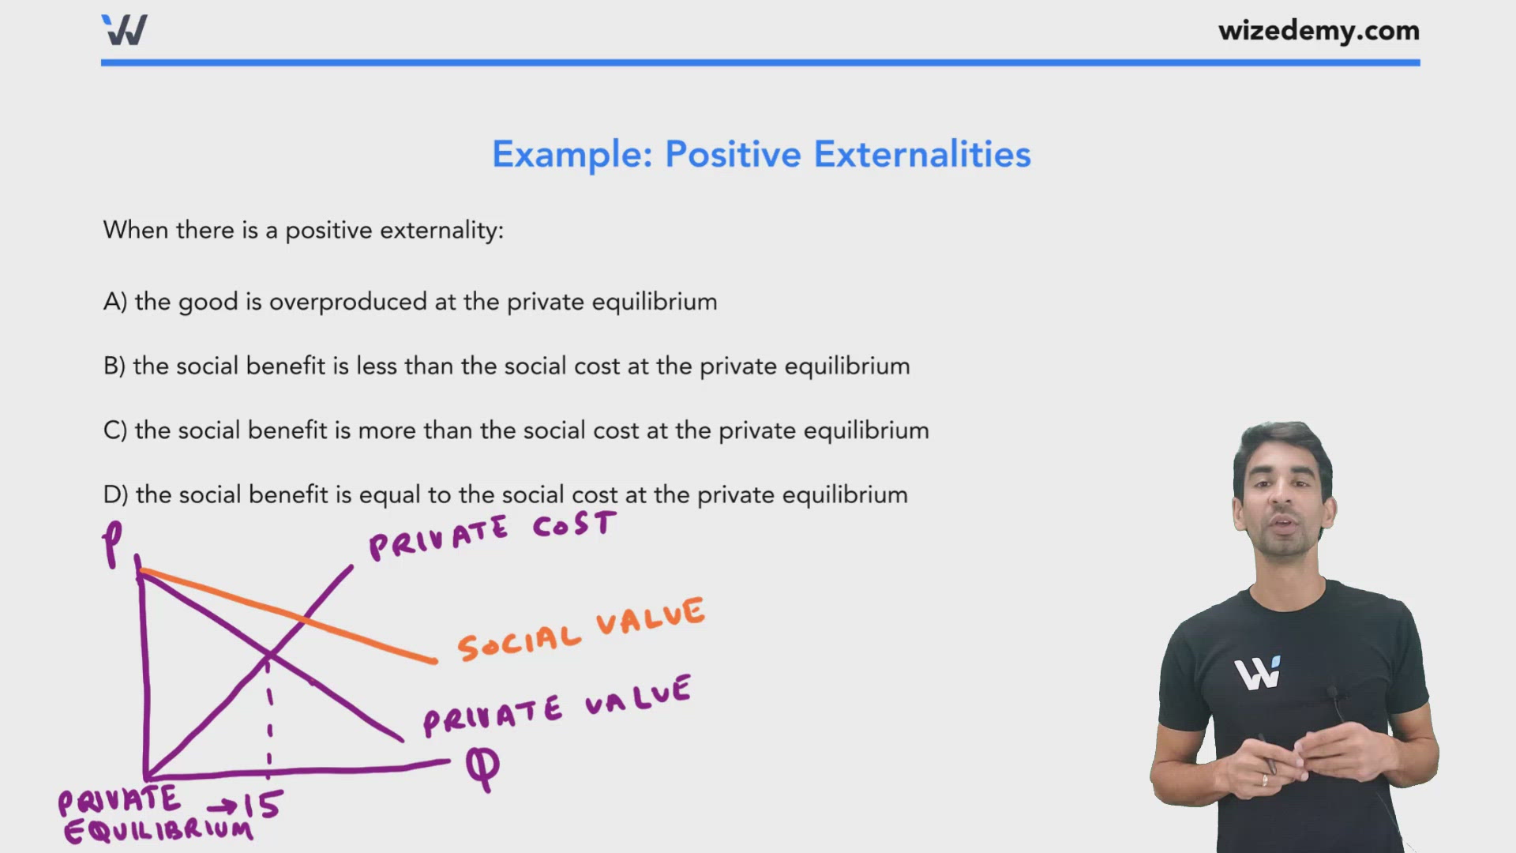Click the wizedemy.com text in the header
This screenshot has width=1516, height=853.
1318,31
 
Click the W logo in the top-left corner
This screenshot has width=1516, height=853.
125,30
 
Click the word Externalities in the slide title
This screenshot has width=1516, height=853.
921,154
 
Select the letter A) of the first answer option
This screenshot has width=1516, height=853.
114,302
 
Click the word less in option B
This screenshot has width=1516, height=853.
376,366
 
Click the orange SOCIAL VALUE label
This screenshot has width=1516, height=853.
580,629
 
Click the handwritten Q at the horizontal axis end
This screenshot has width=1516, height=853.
482,766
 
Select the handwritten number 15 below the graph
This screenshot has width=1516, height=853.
262,805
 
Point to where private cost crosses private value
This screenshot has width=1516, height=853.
269,654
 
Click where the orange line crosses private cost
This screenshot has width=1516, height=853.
303,619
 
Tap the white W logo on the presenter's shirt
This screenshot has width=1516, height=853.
1257,673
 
